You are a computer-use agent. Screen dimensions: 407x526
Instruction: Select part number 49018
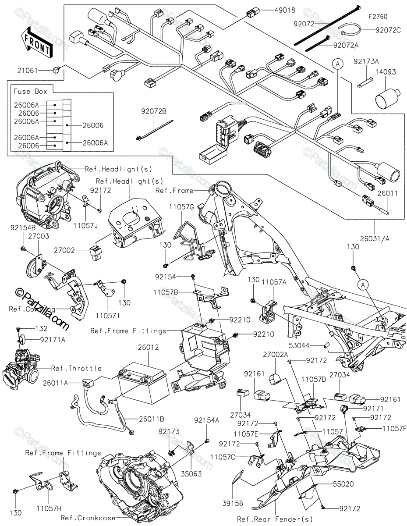click(285, 10)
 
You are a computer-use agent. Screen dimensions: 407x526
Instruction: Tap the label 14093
click(386, 72)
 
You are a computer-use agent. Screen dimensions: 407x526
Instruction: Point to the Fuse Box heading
click(30, 91)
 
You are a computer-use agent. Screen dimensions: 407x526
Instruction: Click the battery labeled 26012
click(143, 386)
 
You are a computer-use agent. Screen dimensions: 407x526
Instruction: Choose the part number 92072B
click(154, 111)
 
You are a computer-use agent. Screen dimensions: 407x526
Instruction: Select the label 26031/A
click(375, 238)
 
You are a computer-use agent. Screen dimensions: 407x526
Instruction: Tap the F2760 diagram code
click(378, 17)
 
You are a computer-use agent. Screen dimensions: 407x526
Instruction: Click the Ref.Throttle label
click(76, 368)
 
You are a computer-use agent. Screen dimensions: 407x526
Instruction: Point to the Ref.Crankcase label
click(88, 518)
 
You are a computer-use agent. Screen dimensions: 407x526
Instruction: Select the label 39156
click(233, 503)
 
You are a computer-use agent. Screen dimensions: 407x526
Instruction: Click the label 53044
click(299, 345)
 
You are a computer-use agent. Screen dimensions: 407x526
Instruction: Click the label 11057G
click(182, 207)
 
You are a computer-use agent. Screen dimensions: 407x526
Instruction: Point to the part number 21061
click(28, 71)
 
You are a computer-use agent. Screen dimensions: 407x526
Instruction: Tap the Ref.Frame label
click(174, 191)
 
